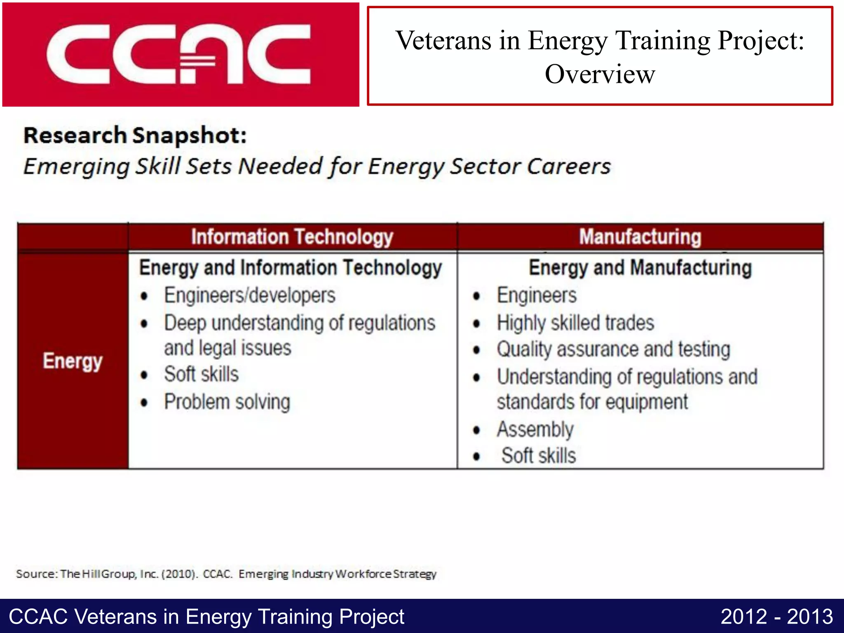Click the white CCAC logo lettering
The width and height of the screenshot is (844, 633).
pyautogui.click(x=178, y=54)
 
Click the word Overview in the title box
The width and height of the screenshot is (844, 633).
pyautogui.click(x=600, y=75)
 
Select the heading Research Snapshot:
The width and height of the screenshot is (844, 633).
pyautogui.click(x=135, y=136)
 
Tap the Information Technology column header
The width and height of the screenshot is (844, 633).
pyautogui.click(x=292, y=237)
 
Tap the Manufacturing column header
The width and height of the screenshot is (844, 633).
pyautogui.click(x=640, y=237)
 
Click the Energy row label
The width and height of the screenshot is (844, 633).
pyautogui.click(x=73, y=361)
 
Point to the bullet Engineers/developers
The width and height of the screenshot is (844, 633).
pyautogui.click(x=250, y=295)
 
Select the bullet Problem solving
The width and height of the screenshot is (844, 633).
pyautogui.click(x=227, y=402)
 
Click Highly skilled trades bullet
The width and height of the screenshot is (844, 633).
pyautogui.click(x=575, y=323)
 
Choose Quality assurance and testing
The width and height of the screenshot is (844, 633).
pyautogui.click(x=613, y=349)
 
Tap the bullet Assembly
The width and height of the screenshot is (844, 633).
pyautogui.click(x=535, y=429)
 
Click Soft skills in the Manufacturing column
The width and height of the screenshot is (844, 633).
pyautogui.click(x=538, y=456)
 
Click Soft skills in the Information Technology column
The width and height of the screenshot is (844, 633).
pyautogui.click(x=201, y=374)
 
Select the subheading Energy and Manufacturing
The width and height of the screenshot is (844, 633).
pyautogui.click(x=640, y=268)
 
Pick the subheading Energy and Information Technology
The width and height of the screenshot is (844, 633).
pyautogui.click(x=291, y=268)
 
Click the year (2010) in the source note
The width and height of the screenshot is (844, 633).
pyautogui.click(x=180, y=574)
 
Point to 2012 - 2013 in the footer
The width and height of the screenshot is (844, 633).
pyautogui.click(x=776, y=617)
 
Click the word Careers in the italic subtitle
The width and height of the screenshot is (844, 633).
pyautogui.click(x=569, y=166)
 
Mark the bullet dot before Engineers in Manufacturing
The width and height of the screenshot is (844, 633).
pyautogui.click(x=477, y=296)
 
